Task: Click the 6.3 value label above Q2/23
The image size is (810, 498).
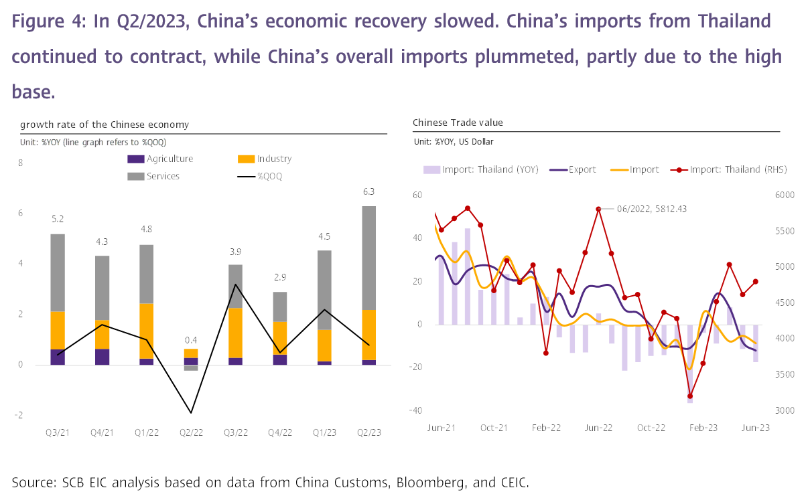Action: (x=368, y=191)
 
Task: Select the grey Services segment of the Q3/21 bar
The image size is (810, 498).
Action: (x=58, y=272)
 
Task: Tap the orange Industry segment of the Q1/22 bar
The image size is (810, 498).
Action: (x=147, y=331)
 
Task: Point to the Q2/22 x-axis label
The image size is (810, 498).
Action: (x=191, y=434)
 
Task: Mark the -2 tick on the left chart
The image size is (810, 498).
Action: (x=20, y=415)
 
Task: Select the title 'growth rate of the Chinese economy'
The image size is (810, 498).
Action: (x=105, y=124)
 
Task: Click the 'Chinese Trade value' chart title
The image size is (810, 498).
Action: (x=458, y=122)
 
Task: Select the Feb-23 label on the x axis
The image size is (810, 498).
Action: (x=704, y=428)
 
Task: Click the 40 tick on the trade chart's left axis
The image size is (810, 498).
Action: (x=417, y=238)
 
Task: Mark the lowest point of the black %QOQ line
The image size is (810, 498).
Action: (x=191, y=413)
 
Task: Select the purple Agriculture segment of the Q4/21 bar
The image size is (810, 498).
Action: (x=102, y=357)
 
